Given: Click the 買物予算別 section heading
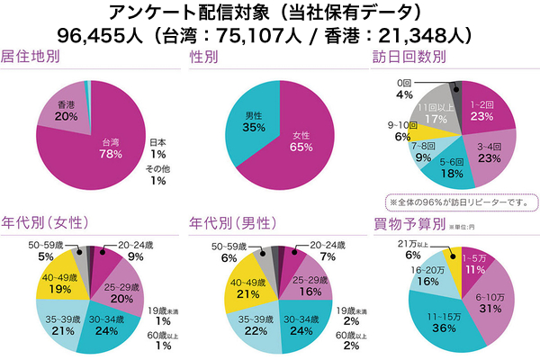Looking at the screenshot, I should (402, 224).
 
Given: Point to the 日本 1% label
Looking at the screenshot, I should (157, 146).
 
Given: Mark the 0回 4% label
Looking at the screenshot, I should (404, 89).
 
